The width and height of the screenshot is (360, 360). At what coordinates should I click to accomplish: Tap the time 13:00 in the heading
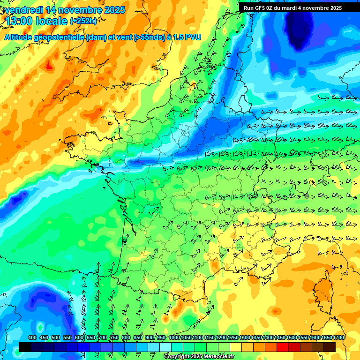(21, 21)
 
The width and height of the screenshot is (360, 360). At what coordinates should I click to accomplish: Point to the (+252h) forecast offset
(83, 21)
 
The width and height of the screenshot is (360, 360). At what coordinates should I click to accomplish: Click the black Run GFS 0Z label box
(292, 8)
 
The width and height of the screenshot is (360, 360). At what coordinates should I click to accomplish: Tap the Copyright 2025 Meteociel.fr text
(199, 357)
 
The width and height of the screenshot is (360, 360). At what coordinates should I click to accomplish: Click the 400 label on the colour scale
(32, 337)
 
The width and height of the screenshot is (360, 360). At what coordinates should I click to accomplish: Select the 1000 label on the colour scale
(174, 337)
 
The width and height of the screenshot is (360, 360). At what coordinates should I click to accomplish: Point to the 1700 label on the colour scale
(338, 337)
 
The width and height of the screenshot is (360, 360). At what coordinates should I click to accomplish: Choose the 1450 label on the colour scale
(280, 337)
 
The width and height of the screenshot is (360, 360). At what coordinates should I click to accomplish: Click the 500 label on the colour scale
(56, 337)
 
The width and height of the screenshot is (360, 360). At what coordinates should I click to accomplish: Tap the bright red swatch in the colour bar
(283, 347)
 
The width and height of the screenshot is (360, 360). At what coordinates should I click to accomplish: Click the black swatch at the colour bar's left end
(25, 347)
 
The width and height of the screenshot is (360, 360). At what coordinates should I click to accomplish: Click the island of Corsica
(322, 291)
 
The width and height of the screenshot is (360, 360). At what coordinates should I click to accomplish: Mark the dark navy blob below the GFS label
(299, 29)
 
